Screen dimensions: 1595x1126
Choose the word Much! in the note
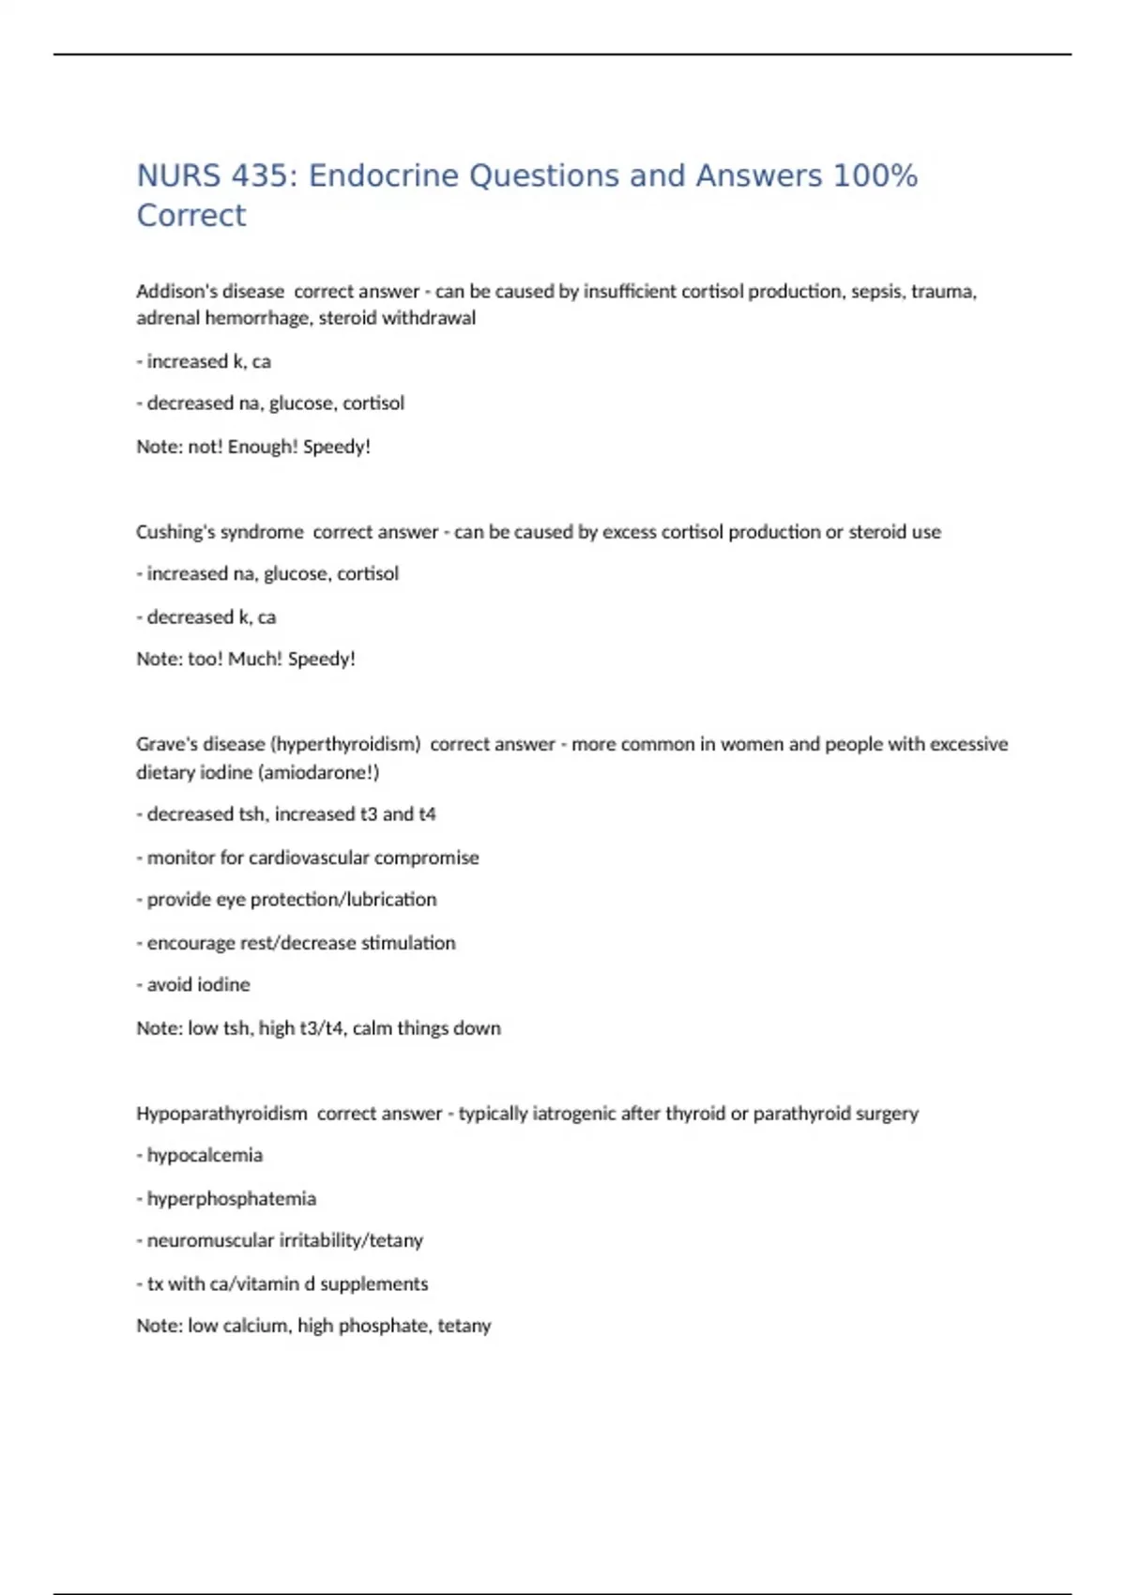pyautogui.click(x=254, y=659)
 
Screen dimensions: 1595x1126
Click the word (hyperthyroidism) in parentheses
pyautogui.click(x=345, y=744)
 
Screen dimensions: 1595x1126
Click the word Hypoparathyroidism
pyautogui.click(x=221, y=1114)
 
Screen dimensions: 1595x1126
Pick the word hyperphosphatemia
pyautogui.click(x=231, y=1199)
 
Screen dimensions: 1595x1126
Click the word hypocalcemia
pyautogui.click(x=205, y=1156)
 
